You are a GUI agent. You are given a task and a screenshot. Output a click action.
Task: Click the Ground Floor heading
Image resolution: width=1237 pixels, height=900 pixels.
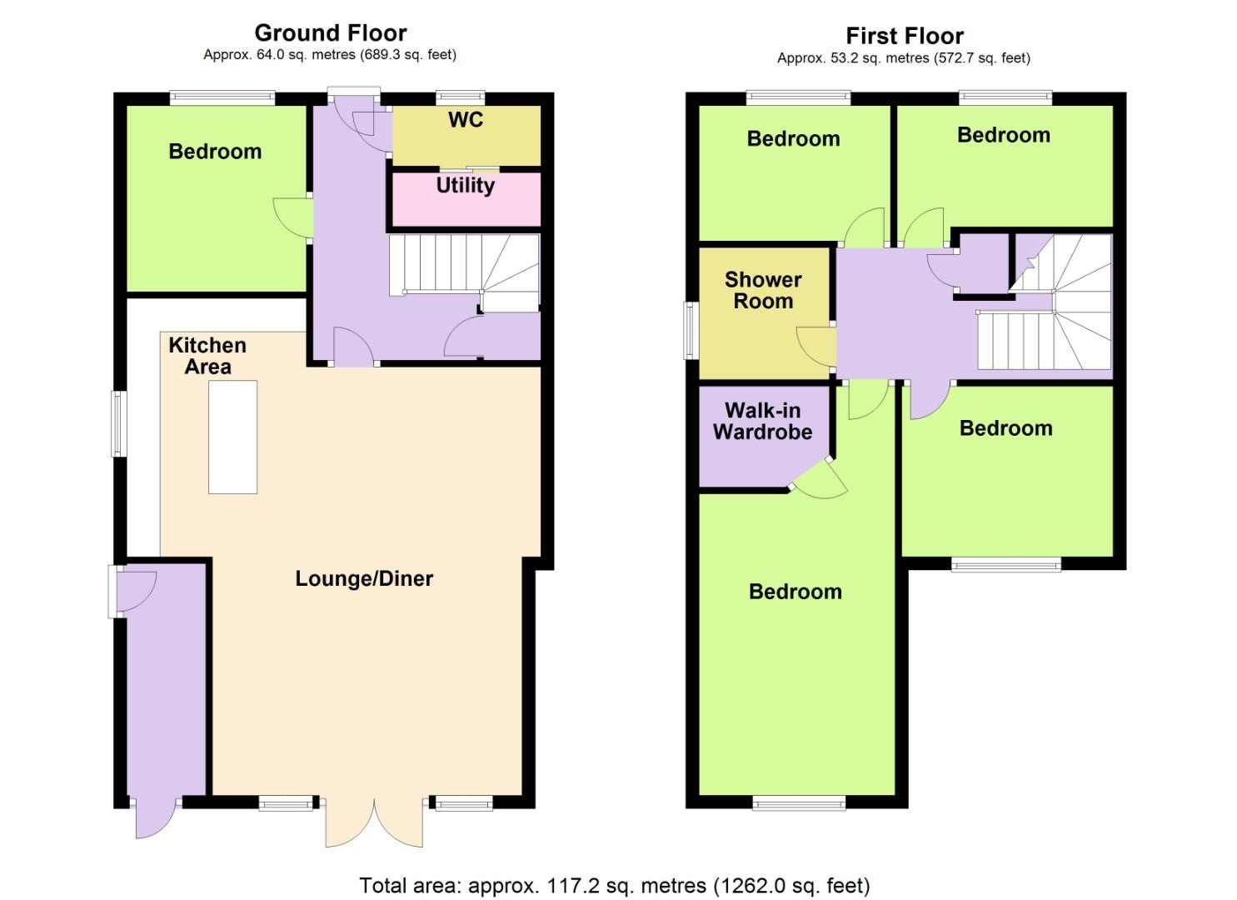coord(330,32)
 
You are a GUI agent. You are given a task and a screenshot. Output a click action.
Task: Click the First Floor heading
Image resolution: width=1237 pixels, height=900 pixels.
coord(904,36)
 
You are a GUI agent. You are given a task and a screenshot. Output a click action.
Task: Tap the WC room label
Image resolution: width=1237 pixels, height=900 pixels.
coord(465,120)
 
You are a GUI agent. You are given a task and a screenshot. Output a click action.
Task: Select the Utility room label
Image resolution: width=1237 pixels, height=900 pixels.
coord(465,185)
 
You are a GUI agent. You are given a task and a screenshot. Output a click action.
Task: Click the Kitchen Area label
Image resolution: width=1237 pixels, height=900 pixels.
coord(207,356)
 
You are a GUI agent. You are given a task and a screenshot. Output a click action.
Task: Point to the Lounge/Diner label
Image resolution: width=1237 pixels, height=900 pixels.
coord(364,578)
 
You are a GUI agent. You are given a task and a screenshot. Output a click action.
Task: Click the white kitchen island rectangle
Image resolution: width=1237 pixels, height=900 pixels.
coord(232,437)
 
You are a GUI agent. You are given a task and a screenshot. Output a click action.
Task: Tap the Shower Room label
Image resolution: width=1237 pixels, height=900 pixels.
coord(763,290)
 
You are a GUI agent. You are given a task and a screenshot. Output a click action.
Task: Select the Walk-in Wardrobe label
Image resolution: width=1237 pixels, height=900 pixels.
coord(762,421)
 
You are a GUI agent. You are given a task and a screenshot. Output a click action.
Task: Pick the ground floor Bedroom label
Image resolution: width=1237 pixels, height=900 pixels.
coord(215,152)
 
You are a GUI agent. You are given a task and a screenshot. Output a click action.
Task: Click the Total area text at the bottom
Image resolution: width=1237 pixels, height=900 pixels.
coord(614,885)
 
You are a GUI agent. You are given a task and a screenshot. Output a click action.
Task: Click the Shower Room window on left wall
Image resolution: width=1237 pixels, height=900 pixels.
coord(691,330)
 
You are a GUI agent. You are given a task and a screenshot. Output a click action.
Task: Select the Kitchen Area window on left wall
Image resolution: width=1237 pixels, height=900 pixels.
coord(119,423)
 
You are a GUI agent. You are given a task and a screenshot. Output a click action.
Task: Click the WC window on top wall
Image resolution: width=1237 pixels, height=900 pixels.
coord(460,97)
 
